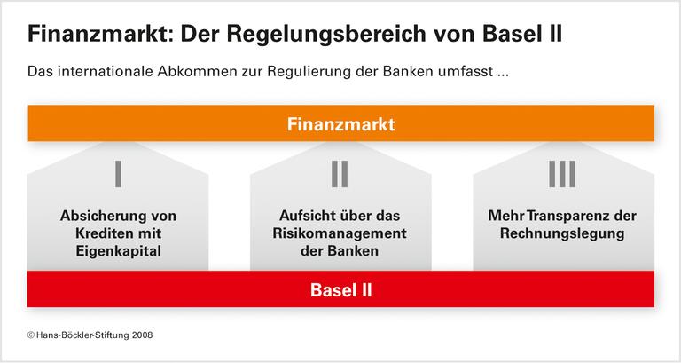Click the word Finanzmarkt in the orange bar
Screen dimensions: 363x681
pyautogui.click(x=340, y=124)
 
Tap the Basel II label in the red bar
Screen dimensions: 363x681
pyautogui.click(x=340, y=289)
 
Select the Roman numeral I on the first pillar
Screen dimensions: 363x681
pyautogui.click(x=118, y=174)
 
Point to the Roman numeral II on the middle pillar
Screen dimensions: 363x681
pyautogui.click(x=340, y=174)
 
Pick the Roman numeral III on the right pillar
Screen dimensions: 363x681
pyautogui.click(x=561, y=174)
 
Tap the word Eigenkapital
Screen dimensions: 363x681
pyautogui.click(x=118, y=251)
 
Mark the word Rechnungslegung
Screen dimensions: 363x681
pyautogui.click(x=562, y=233)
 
